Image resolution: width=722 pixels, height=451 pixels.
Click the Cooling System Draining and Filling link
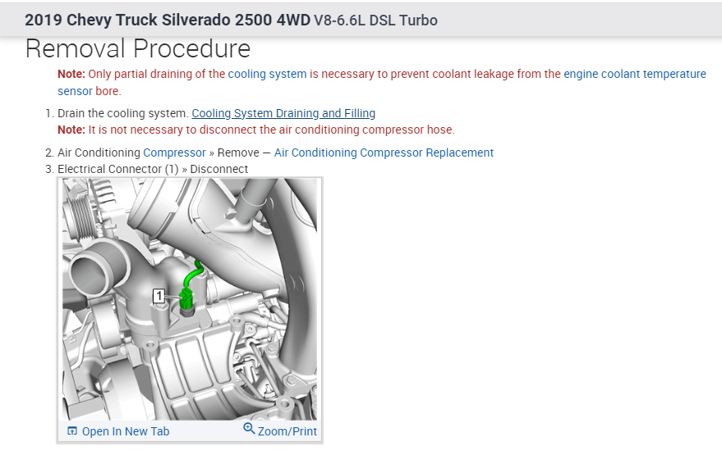tap(283, 113)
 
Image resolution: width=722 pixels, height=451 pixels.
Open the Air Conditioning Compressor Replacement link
tap(384, 153)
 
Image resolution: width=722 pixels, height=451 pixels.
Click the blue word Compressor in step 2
tap(174, 153)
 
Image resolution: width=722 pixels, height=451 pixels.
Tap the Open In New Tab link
tap(125, 431)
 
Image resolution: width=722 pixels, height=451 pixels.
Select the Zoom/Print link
tap(287, 431)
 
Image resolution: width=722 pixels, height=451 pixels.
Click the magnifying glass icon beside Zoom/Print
tap(249, 429)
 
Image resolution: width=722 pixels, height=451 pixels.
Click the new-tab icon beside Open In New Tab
tap(72, 430)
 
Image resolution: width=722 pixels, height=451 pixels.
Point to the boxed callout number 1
tap(159, 295)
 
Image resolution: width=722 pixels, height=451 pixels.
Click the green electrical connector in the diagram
tap(187, 298)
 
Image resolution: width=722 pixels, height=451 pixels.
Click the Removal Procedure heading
tap(138, 48)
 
